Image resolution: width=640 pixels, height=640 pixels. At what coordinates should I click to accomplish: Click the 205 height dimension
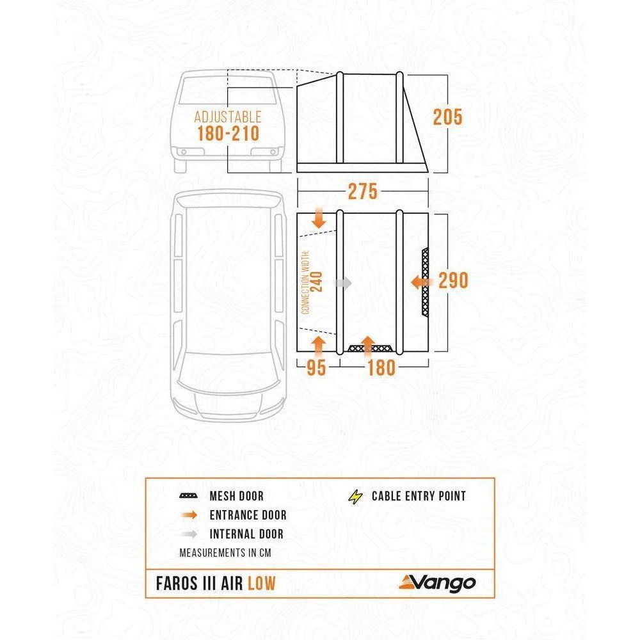point(447,117)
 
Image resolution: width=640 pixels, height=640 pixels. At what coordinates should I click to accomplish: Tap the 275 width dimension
point(362,191)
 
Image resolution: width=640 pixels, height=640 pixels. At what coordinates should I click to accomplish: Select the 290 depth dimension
point(453,281)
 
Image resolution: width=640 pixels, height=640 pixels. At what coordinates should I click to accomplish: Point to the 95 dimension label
point(316,367)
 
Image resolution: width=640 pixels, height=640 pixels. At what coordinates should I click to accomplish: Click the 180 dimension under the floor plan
point(381,367)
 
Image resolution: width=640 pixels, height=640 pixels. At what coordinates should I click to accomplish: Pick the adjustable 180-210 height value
point(228,134)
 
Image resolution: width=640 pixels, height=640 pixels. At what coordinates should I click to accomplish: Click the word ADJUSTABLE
point(228,116)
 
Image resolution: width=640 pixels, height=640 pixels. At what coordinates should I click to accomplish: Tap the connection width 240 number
point(317,282)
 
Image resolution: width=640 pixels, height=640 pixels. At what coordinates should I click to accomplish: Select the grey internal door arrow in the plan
point(342,283)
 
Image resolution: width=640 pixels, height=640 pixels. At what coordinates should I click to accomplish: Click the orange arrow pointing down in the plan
point(319,217)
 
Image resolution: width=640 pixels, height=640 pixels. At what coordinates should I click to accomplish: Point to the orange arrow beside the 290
point(420,282)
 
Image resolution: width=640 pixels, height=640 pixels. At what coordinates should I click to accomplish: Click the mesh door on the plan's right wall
point(426,282)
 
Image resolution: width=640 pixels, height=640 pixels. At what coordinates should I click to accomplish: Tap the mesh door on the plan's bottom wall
point(371,349)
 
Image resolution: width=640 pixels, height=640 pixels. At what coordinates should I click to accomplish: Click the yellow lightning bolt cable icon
point(355,497)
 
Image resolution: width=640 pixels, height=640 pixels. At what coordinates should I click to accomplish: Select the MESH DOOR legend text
point(236,497)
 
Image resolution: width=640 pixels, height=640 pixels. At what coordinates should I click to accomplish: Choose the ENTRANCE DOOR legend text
point(248,515)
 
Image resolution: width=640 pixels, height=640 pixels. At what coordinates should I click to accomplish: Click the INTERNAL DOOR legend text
point(246,534)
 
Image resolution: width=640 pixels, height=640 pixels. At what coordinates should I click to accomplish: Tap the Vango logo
point(437,583)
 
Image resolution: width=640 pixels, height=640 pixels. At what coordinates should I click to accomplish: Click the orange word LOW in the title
point(262,583)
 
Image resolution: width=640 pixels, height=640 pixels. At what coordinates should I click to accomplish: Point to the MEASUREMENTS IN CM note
point(225,553)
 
